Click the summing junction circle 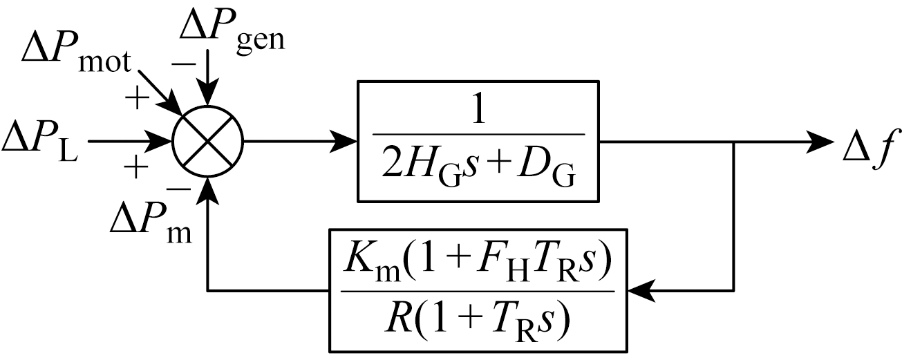pos(207,142)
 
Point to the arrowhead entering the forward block pos(346,142)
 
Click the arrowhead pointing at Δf pos(822,142)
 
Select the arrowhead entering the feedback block pos(639,290)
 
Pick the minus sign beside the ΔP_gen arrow pos(183,64)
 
